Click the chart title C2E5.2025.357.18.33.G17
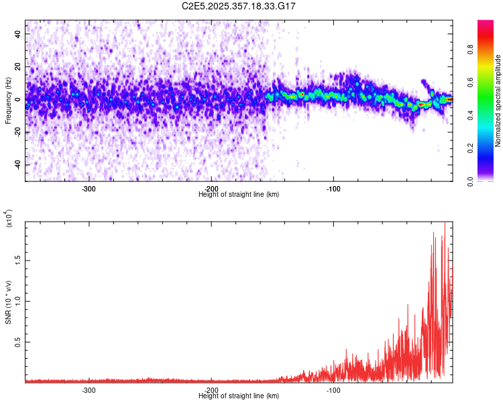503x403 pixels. tap(239, 6)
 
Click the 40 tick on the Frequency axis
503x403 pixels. tap(18, 33)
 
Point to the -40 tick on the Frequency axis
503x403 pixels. tap(18, 165)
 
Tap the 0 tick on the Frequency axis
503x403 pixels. tap(18, 99)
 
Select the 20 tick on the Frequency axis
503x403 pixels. tap(18, 66)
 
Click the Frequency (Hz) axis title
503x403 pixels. tap(8, 101)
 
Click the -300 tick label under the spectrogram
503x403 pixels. tap(89, 188)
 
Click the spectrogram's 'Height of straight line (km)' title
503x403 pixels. tap(239, 195)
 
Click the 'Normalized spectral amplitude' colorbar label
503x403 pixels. tap(498, 101)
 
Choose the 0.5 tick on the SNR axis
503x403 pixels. tap(18, 342)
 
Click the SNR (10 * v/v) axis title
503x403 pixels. tap(8, 302)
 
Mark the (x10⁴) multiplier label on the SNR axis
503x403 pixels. tap(8, 219)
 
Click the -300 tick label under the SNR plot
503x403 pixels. tap(89, 390)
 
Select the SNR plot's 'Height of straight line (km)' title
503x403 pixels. tap(239, 396)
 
